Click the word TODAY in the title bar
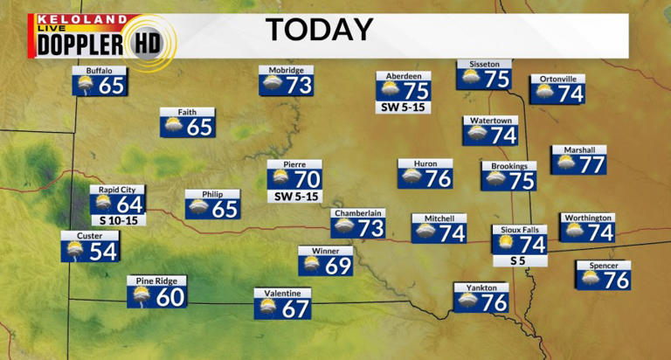(x=319, y=30)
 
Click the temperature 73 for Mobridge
(x=299, y=85)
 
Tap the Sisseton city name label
(x=483, y=64)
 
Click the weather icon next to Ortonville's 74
(x=544, y=92)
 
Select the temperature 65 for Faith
(x=200, y=127)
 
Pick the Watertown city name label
(x=490, y=121)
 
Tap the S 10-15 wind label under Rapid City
(x=117, y=220)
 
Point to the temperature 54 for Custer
(x=102, y=251)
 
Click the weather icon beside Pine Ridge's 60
(x=141, y=297)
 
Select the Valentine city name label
(x=283, y=293)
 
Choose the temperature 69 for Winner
(x=338, y=266)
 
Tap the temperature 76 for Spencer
(x=616, y=280)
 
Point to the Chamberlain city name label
(x=358, y=212)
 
